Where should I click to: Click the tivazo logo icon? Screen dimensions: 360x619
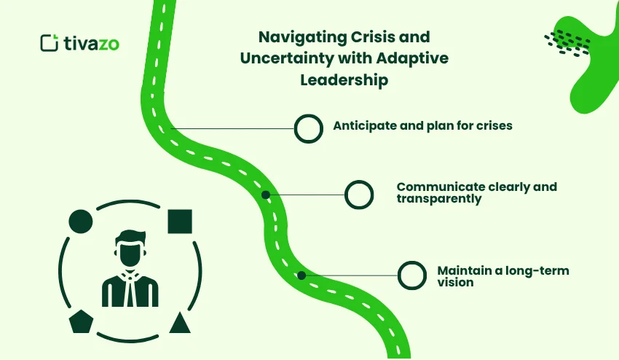[x=49, y=43]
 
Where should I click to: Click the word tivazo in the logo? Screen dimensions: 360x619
[x=92, y=43]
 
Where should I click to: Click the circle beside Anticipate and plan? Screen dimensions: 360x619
[x=308, y=128]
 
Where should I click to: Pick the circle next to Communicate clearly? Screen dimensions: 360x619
[x=358, y=195]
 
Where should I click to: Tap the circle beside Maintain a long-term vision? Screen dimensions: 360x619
[x=411, y=275]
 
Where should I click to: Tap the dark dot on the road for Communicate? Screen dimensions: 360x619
[x=266, y=195]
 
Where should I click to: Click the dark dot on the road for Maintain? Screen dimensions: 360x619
[x=301, y=275]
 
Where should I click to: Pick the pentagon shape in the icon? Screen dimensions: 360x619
[x=80, y=321]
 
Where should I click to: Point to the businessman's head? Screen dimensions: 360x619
[x=130, y=249]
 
